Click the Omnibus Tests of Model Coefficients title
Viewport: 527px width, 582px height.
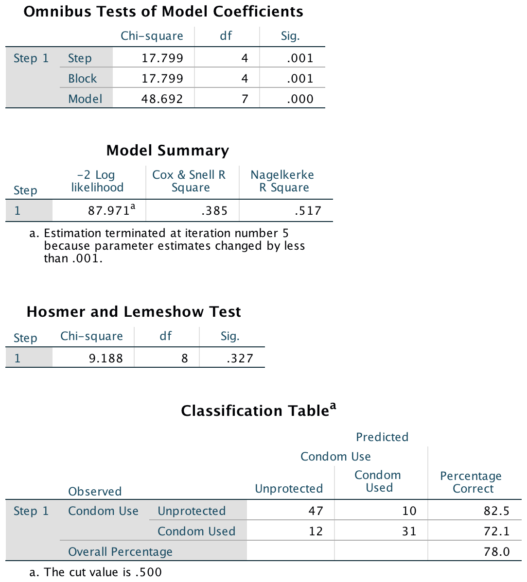(163, 12)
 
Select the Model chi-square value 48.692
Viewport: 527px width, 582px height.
(162, 99)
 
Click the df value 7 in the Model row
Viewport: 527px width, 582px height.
(245, 99)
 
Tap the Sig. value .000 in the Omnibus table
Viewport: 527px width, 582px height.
(300, 99)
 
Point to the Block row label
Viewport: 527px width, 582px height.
(82, 79)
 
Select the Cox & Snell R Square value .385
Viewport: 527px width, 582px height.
(214, 211)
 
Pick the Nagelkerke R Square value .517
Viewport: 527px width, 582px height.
(308, 211)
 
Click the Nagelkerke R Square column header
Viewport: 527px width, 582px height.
(282, 181)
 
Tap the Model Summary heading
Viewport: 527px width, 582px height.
(168, 151)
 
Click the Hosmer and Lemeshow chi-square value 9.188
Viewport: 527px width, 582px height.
(105, 359)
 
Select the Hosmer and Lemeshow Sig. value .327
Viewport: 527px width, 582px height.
(240, 359)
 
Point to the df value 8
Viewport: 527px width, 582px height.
(184, 359)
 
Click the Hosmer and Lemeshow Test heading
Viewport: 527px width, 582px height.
(134, 312)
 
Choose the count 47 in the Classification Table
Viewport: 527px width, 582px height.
(316, 511)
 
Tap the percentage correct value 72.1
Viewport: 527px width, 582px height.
(497, 531)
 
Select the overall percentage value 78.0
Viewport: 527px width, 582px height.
(497, 552)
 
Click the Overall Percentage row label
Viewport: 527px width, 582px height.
(120, 552)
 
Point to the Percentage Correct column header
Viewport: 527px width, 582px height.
(471, 482)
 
